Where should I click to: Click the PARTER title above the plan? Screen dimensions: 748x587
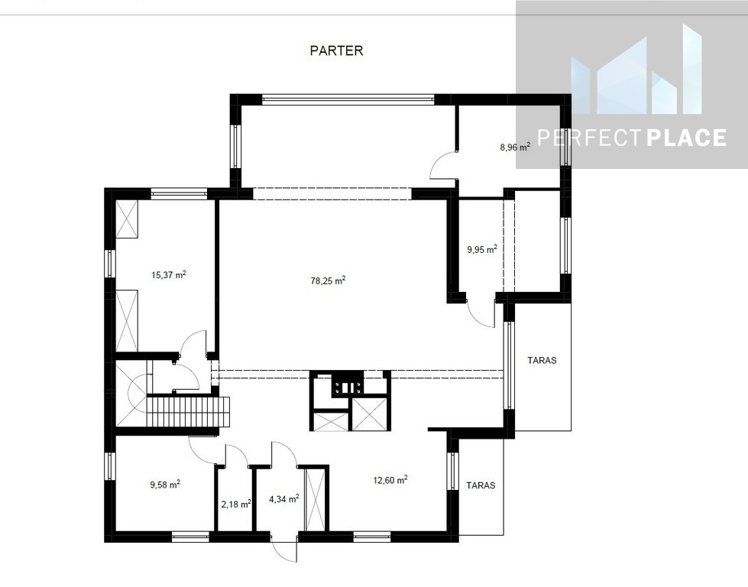coord(336,50)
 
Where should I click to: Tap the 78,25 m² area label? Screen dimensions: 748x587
coord(329,281)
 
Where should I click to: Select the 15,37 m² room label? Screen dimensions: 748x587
coord(168,274)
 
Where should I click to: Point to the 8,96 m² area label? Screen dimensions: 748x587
coord(515,147)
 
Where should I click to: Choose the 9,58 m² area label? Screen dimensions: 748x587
coord(165,485)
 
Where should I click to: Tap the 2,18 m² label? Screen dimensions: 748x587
coord(236,504)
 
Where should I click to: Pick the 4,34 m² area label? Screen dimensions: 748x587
coord(283,498)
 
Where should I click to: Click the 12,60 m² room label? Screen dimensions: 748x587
coord(390,480)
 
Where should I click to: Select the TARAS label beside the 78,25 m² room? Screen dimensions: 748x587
coord(542,360)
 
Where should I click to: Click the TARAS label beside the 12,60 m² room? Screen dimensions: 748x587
coord(481,485)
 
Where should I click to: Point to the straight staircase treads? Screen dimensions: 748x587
coord(188,412)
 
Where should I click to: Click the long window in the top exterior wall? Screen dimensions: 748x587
coord(348,99)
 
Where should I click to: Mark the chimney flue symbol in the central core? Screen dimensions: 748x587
coord(348,384)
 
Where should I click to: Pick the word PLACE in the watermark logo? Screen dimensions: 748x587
coord(686,138)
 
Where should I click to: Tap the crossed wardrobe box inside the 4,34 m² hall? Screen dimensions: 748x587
coord(314,499)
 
